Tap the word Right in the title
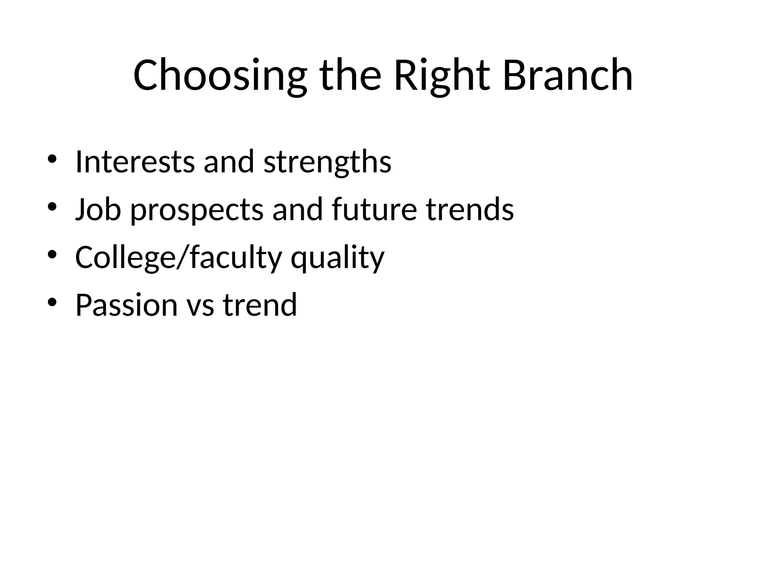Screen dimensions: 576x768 pyautogui.click(x=442, y=75)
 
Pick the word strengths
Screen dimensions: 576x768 pyautogui.click(x=327, y=162)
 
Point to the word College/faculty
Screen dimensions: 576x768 pyautogui.click(x=178, y=258)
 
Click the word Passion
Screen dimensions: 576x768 pyautogui.click(x=126, y=305)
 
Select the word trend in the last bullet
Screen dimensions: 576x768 pyautogui.click(x=260, y=305)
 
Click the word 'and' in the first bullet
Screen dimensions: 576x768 pyautogui.click(x=229, y=162)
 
